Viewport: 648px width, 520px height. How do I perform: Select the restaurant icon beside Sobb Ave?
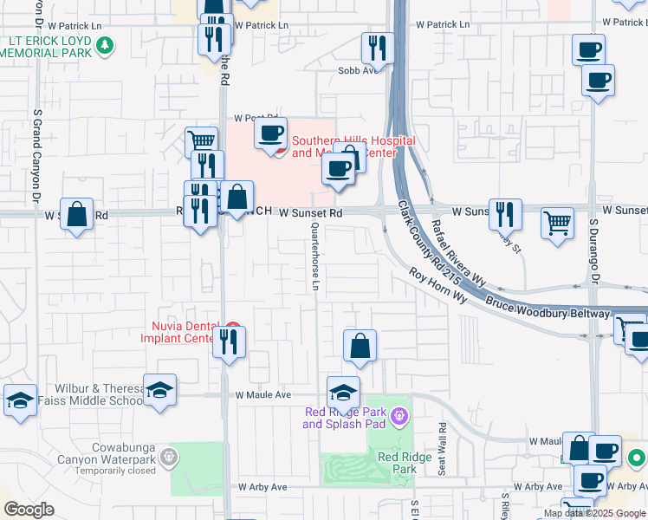click(x=378, y=49)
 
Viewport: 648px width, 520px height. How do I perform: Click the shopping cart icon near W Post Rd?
click(x=201, y=142)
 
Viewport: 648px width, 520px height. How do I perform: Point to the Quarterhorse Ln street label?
click(x=316, y=257)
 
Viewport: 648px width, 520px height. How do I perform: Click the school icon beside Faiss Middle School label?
click(x=160, y=390)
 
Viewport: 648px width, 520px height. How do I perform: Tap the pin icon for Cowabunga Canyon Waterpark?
click(x=169, y=454)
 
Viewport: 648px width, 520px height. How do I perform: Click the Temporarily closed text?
click(x=107, y=471)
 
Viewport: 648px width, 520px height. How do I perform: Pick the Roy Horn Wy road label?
click(x=438, y=285)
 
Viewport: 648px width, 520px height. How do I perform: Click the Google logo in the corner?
click(x=29, y=510)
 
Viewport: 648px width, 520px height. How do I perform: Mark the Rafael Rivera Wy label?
click(x=458, y=252)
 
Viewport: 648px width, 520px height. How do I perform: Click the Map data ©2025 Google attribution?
click(x=594, y=513)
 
